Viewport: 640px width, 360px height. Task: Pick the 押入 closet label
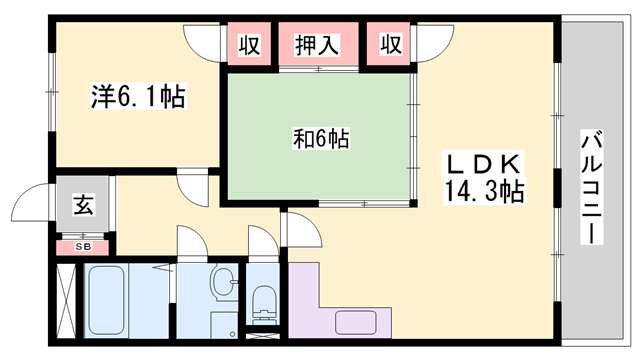pos(317,44)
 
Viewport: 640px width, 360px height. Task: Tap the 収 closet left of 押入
pos(250,44)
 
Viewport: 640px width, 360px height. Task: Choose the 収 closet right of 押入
pos(391,44)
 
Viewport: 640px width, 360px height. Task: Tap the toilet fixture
pos(264,300)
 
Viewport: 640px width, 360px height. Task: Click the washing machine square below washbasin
pos(222,325)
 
